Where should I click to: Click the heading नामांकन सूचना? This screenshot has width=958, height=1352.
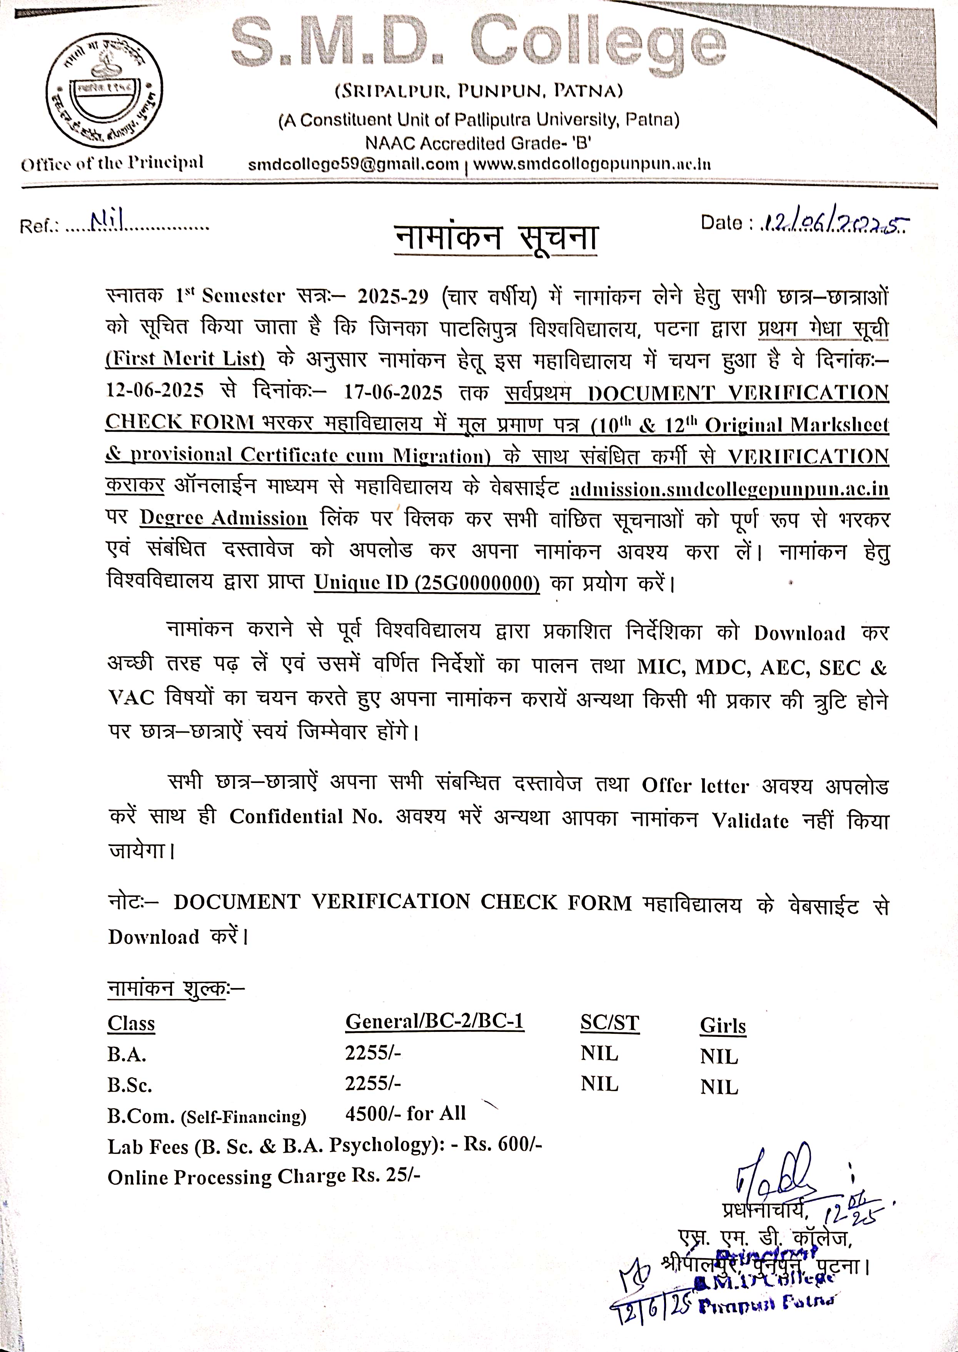[496, 238]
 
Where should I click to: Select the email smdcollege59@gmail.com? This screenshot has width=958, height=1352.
[353, 165]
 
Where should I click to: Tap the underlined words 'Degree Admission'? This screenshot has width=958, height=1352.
[224, 519]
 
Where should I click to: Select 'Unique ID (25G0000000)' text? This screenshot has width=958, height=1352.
[427, 583]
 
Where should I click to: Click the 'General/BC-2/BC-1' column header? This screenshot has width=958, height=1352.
[435, 1021]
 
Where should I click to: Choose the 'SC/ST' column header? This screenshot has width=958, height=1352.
[609, 1023]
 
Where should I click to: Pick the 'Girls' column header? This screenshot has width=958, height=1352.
[723, 1026]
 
